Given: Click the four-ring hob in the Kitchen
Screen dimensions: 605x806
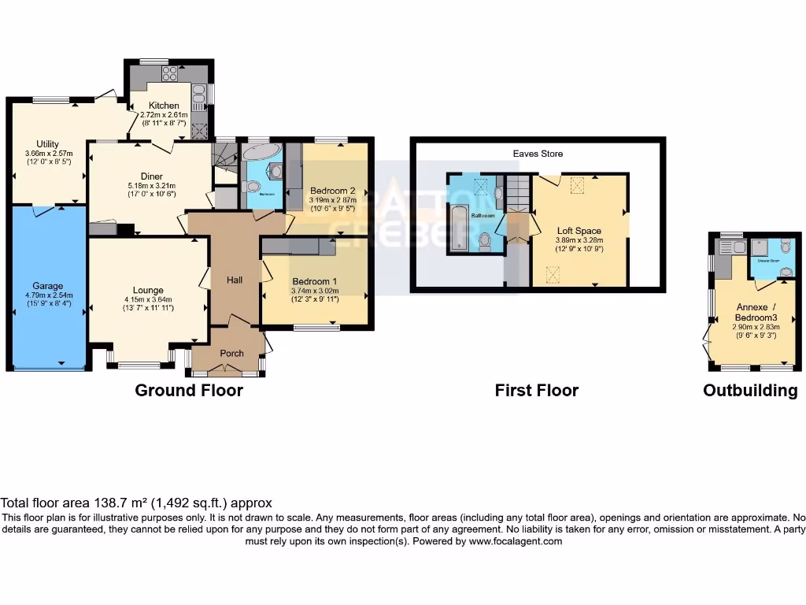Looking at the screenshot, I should coord(170,73).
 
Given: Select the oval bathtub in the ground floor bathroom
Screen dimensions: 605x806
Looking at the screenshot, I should coord(261,151).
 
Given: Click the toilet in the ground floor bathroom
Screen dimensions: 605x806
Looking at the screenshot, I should coord(252,187).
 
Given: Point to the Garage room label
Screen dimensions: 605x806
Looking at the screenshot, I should coord(47,286).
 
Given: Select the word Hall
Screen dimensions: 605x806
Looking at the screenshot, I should coord(235,280).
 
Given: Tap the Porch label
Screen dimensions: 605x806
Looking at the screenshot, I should coord(231,353).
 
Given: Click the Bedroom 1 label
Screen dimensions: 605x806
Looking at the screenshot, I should coord(314,281).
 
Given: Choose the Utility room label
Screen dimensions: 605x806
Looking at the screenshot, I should coord(49,143).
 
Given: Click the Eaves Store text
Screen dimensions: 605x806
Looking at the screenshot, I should coord(539,154).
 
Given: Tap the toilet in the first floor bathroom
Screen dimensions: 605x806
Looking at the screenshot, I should coord(485,241).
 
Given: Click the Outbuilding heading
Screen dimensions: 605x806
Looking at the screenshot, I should coord(749,391).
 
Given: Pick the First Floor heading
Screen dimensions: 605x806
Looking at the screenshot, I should coord(536,390).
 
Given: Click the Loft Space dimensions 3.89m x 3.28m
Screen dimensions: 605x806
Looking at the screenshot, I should coord(579,239).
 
